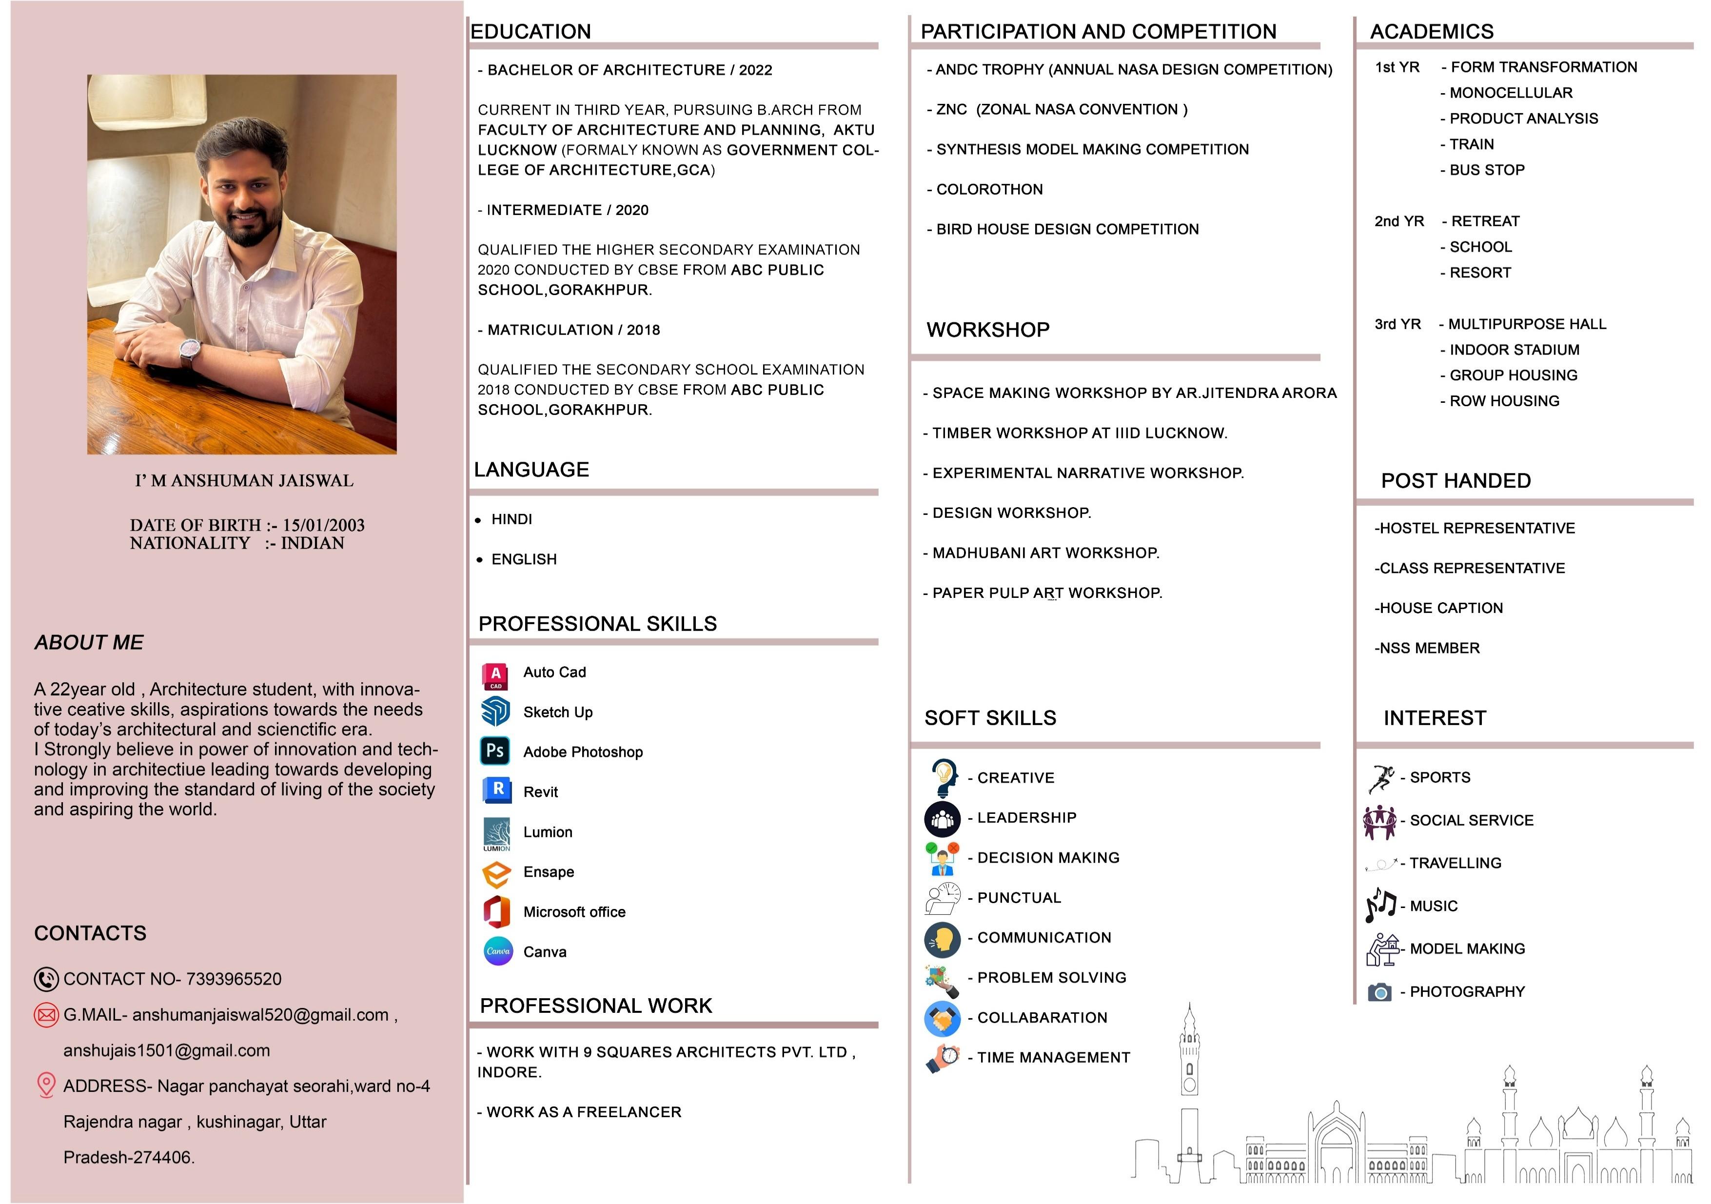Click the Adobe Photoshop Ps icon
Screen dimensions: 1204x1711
coord(495,751)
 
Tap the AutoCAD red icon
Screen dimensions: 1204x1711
coord(495,676)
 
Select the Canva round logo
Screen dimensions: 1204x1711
coord(498,951)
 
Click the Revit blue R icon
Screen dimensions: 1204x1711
coord(497,790)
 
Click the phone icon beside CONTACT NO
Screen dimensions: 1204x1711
coord(46,979)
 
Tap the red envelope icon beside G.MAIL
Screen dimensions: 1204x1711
coord(46,1015)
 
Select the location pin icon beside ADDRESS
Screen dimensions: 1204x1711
coord(46,1085)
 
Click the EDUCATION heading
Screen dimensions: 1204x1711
coord(531,31)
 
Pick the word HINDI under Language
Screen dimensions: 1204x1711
coord(512,519)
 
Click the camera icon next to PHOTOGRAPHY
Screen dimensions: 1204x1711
coord(1379,992)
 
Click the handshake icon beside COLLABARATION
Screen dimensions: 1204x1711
coord(943,1018)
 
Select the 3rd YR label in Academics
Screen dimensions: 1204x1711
coord(1397,324)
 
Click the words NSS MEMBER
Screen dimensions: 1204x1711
coord(1427,648)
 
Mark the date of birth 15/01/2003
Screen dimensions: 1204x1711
coord(323,525)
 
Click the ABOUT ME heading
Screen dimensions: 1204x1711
coord(89,642)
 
